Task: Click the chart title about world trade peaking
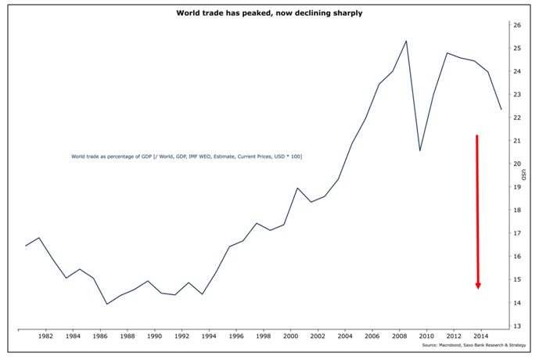[268, 14]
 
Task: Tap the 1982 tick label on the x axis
[46, 337]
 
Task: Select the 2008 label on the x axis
[399, 337]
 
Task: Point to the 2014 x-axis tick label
[480, 337]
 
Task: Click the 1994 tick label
[209, 337]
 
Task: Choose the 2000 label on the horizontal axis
[290, 337]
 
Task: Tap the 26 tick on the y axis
[517, 25]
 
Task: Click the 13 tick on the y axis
[517, 326]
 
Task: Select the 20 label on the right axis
[517, 164]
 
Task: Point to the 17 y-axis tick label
[517, 233]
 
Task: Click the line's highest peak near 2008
[406, 41]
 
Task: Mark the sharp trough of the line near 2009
[420, 150]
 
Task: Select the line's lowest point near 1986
[106, 304]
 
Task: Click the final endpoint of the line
[501, 110]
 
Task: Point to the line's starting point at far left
[25, 246]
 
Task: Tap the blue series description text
[186, 157]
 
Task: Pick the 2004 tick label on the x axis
[344, 337]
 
